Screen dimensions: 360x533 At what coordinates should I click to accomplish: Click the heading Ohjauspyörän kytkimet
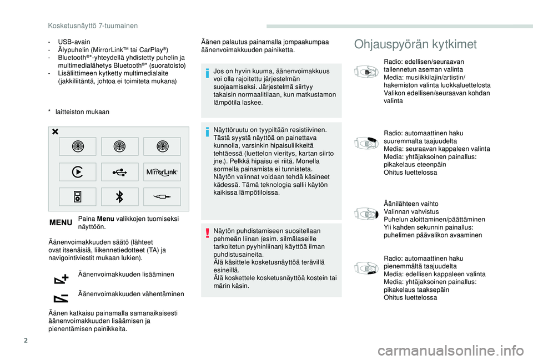coord(415,44)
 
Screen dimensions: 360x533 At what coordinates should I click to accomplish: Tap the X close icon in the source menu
coord(56,132)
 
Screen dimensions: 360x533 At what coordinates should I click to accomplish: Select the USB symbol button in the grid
coord(119,172)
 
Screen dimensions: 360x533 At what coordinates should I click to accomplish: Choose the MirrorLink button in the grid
coord(162,172)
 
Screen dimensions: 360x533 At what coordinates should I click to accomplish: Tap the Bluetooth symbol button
coord(119,196)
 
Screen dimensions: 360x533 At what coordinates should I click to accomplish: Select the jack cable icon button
coord(162,196)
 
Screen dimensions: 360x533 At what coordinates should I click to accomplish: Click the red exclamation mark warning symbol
coord(206,231)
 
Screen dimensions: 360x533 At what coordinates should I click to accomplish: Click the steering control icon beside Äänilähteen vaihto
coord(366,214)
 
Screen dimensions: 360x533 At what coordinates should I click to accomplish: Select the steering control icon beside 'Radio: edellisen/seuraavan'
coord(366,72)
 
